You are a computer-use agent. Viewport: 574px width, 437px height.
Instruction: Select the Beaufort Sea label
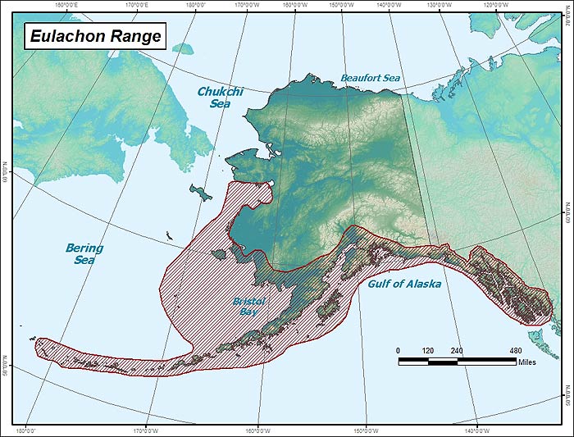click(370, 78)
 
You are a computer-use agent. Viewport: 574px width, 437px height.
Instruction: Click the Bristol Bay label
click(248, 307)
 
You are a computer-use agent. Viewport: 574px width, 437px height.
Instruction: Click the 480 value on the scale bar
click(516, 350)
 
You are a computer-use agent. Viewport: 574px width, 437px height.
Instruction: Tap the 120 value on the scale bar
click(427, 350)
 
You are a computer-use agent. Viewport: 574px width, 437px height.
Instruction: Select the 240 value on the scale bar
click(457, 350)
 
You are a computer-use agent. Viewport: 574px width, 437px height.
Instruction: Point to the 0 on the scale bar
click(399, 350)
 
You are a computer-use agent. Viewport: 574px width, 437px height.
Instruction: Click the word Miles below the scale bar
click(526, 362)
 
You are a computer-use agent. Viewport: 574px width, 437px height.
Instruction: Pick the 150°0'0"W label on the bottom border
click(366, 431)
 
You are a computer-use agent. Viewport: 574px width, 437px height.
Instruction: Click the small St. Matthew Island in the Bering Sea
click(166, 236)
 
